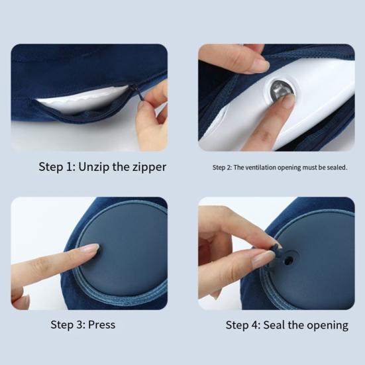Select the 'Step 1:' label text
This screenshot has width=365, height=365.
[56, 167]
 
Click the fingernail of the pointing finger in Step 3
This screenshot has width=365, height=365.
[89, 248]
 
